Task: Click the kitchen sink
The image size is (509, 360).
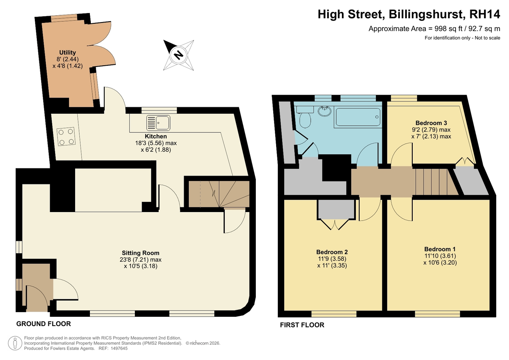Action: pyautogui.click(x=158, y=123)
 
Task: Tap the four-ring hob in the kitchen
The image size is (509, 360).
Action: pyautogui.click(x=66, y=136)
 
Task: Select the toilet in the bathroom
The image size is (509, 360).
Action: pyautogui.click(x=305, y=117)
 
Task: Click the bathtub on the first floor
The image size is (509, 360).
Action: pyautogui.click(x=358, y=117)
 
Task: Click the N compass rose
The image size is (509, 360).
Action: pyautogui.click(x=179, y=55)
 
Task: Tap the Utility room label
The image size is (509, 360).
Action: pyautogui.click(x=67, y=53)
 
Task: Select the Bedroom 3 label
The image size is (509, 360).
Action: pyautogui.click(x=431, y=123)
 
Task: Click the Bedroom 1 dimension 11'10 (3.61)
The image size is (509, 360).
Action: pyautogui.click(x=440, y=256)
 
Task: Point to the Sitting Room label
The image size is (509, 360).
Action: pyautogui.click(x=140, y=253)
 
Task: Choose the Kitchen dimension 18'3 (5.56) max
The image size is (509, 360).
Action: pyautogui.click(x=156, y=143)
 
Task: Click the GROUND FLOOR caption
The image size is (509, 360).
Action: pyautogui.click(x=44, y=324)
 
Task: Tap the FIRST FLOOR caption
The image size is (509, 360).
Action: pyautogui.click(x=302, y=325)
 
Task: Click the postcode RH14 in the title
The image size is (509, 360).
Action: pyautogui.click(x=484, y=14)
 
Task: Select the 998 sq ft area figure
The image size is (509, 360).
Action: pyautogui.click(x=445, y=28)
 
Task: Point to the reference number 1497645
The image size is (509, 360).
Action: pyautogui.click(x=119, y=349)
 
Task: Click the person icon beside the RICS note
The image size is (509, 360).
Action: pyautogui.click(x=15, y=343)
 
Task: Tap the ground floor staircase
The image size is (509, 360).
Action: pyautogui.click(x=219, y=194)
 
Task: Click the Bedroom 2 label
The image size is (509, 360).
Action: pyautogui.click(x=332, y=252)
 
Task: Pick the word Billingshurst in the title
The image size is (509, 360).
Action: pyautogui.click(x=426, y=14)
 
